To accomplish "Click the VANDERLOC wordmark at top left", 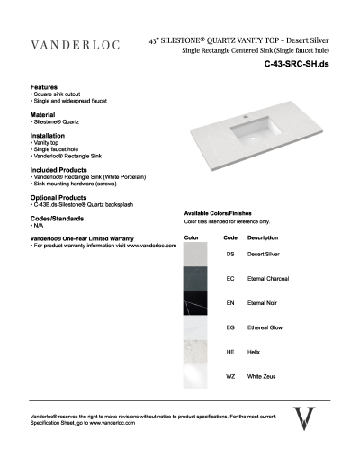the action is click(x=76, y=44).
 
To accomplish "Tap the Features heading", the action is click(x=45, y=87).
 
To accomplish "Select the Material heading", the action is click(x=43, y=114).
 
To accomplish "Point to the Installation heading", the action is click(x=48, y=136).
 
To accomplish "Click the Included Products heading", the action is click(x=58, y=168).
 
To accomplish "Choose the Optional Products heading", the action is click(x=58, y=196).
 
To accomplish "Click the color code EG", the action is click(x=230, y=328).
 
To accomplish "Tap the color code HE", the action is click(x=230, y=353).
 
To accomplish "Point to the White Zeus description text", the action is click(x=261, y=376).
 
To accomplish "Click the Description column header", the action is click(x=262, y=237).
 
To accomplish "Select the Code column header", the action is click(x=229, y=237).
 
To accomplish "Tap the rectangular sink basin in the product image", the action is click(x=253, y=133).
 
